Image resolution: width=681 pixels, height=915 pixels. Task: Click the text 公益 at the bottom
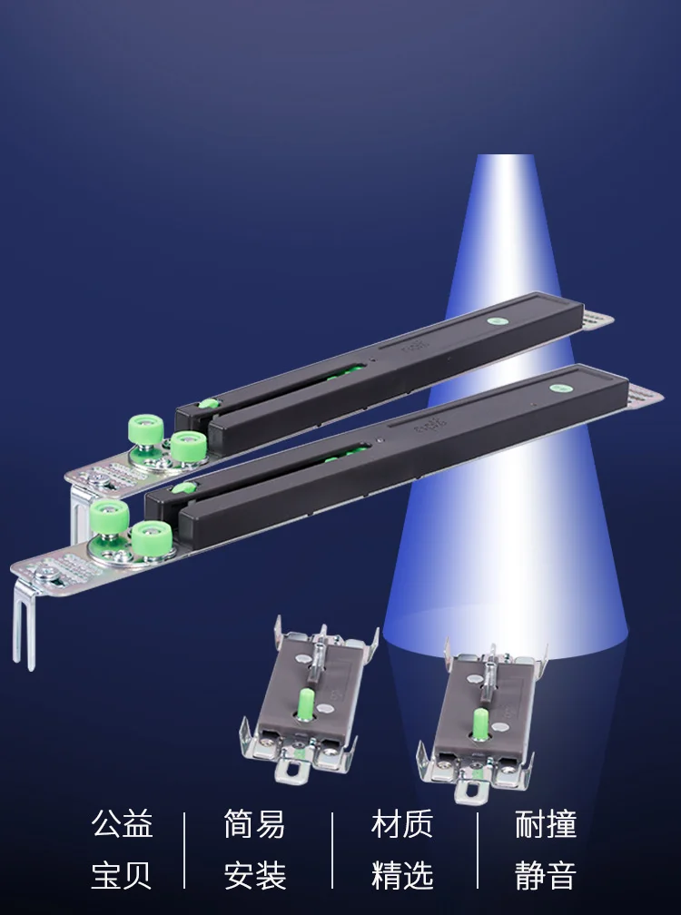coord(122,824)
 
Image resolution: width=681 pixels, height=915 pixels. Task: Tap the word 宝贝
coord(122,875)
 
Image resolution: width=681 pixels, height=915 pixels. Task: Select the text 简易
coord(254,824)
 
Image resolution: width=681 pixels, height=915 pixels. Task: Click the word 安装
coord(254,875)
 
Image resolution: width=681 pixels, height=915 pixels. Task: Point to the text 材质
coord(402,824)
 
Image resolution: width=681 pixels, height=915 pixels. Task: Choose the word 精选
coord(402,875)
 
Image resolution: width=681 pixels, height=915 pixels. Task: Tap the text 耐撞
coord(546,824)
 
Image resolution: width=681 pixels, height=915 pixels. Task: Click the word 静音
coord(546,875)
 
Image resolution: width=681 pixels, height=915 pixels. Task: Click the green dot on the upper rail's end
coord(498,320)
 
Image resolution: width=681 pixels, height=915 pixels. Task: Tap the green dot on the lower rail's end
coord(558,388)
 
